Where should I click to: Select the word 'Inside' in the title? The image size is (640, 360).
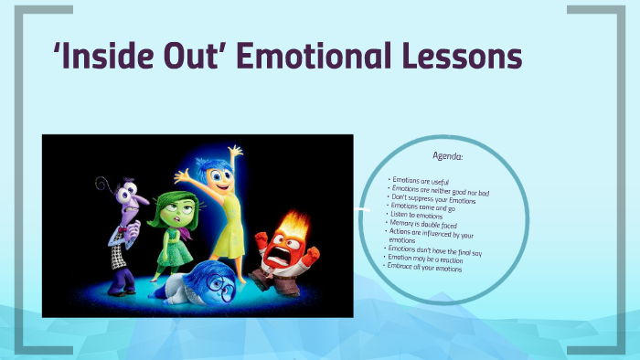click(x=119, y=57)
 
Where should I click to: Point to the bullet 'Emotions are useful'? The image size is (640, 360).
click(x=421, y=182)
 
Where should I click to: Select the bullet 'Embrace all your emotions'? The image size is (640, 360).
click(x=426, y=269)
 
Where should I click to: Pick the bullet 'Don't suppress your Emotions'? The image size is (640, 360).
click(x=434, y=199)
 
